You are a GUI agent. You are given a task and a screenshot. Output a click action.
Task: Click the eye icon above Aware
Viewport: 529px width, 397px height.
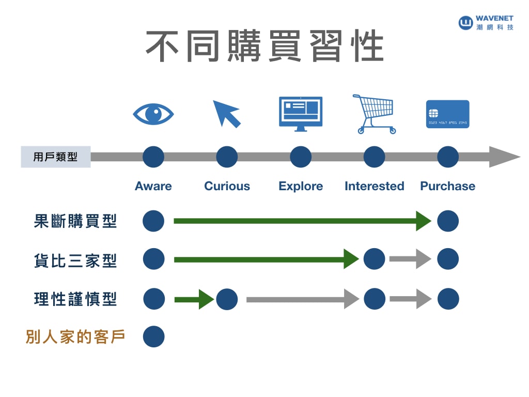point(153,114)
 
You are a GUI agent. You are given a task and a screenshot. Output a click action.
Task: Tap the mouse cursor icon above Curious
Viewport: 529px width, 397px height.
point(226,113)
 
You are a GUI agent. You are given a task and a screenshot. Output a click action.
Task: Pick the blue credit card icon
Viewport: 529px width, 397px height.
point(447,114)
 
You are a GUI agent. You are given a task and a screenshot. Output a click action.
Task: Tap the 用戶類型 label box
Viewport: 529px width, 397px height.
point(55,157)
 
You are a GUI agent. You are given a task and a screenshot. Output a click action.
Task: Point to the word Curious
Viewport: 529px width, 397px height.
point(227,186)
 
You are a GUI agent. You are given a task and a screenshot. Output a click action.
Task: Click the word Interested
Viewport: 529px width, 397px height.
point(374,186)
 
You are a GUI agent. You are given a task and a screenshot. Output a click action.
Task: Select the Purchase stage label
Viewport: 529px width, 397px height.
point(447,186)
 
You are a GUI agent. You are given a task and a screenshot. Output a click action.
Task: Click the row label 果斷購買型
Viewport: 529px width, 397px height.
point(75,221)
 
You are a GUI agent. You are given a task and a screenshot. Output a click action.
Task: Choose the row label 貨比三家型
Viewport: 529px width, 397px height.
point(75,260)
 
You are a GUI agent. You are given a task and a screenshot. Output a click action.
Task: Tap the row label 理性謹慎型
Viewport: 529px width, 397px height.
point(75,299)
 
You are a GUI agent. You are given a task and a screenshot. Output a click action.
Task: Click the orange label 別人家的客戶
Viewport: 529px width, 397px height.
point(75,337)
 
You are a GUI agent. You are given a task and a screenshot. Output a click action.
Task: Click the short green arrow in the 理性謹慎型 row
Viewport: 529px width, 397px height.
point(194,299)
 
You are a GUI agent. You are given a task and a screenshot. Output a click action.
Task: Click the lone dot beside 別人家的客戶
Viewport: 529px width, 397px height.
point(153,337)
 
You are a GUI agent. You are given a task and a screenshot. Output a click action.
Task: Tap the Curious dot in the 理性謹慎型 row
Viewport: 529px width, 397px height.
point(227,299)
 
